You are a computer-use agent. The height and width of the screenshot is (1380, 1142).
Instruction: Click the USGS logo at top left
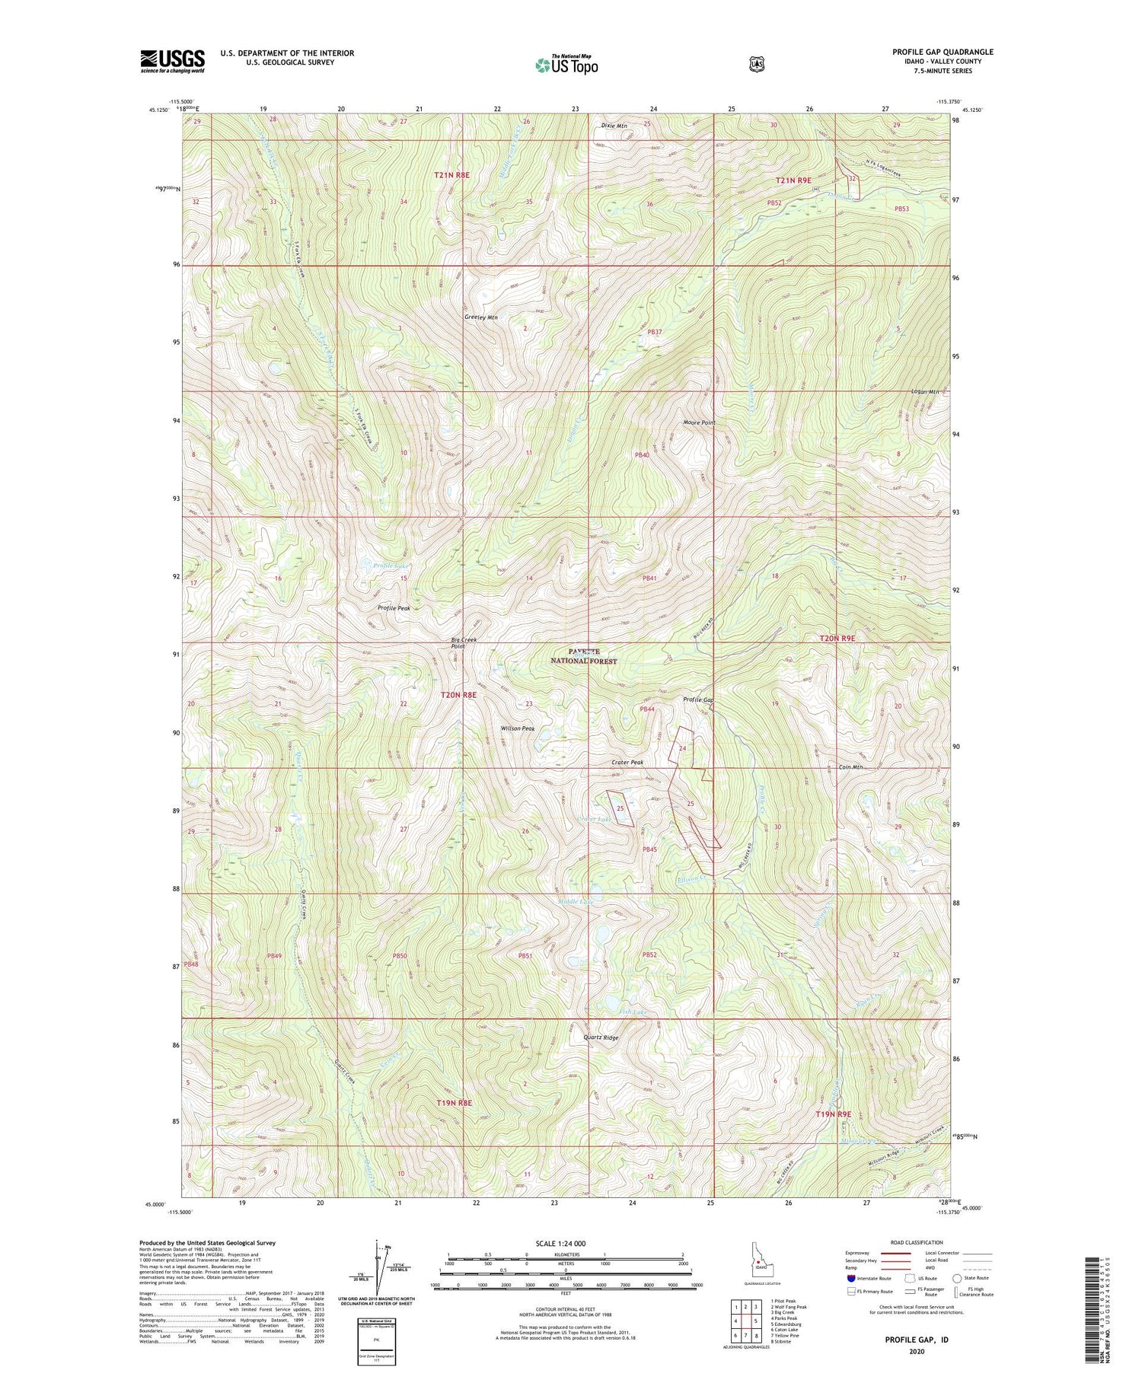tap(172, 61)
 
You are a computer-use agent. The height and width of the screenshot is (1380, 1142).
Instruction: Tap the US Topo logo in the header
tap(566, 65)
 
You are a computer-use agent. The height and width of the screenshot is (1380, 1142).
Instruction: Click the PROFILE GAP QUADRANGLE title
tap(943, 53)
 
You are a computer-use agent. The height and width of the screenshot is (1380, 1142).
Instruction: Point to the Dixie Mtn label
tap(614, 126)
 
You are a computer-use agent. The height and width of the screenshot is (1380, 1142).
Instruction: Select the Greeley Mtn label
tap(481, 317)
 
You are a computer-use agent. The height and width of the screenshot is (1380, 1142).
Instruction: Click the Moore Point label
tap(699, 422)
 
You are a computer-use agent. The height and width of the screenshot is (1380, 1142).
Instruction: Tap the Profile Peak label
tap(394, 608)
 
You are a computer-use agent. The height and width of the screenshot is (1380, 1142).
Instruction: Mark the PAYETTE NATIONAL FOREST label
tap(583, 657)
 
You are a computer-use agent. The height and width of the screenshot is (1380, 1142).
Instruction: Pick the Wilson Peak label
tap(518, 728)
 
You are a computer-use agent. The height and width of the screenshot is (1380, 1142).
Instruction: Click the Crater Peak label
tap(627, 763)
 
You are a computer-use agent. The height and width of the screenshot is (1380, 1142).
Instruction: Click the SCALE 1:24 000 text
tap(565, 1243)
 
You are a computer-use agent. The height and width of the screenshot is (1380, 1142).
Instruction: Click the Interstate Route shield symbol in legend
tap(850, 1279)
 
